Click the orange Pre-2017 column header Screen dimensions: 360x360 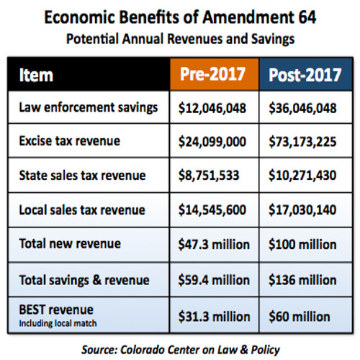coord(215,74)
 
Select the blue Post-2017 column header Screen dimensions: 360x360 coord(305,74)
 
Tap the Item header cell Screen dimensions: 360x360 coord(89,74)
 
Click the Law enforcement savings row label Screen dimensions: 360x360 coord(89,107)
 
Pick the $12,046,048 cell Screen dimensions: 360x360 coord(212,108)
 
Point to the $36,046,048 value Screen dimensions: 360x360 coord(302,108)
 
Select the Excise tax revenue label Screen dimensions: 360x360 coord(70,141)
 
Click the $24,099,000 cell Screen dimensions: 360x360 coord(212,142)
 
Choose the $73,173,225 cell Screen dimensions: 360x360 coord(302,142)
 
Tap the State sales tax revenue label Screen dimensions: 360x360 coord(82,175)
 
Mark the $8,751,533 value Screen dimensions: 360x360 coord(209,176)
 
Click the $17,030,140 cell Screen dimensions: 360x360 coord(302,210)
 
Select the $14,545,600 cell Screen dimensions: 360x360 coord(212,210)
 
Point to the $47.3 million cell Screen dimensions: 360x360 coord(214,245)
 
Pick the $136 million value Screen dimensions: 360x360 coord(302,280)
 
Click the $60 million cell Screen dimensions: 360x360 coord(300,317)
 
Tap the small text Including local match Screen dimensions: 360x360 coord(58,323)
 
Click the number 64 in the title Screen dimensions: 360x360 coord(307,17)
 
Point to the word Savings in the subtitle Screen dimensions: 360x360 coord(273,39)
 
